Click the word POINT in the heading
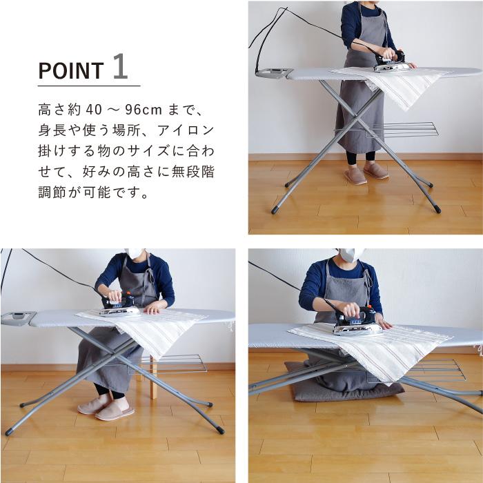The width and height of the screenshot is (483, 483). [x=71, y=70]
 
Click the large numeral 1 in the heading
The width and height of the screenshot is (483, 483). [x=119, y=68]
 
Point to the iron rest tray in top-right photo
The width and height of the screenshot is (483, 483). [x=274, y=72]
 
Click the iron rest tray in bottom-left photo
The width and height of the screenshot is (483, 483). [x=19, y=318]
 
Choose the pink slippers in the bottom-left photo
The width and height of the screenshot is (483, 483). [x=103, y=408]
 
